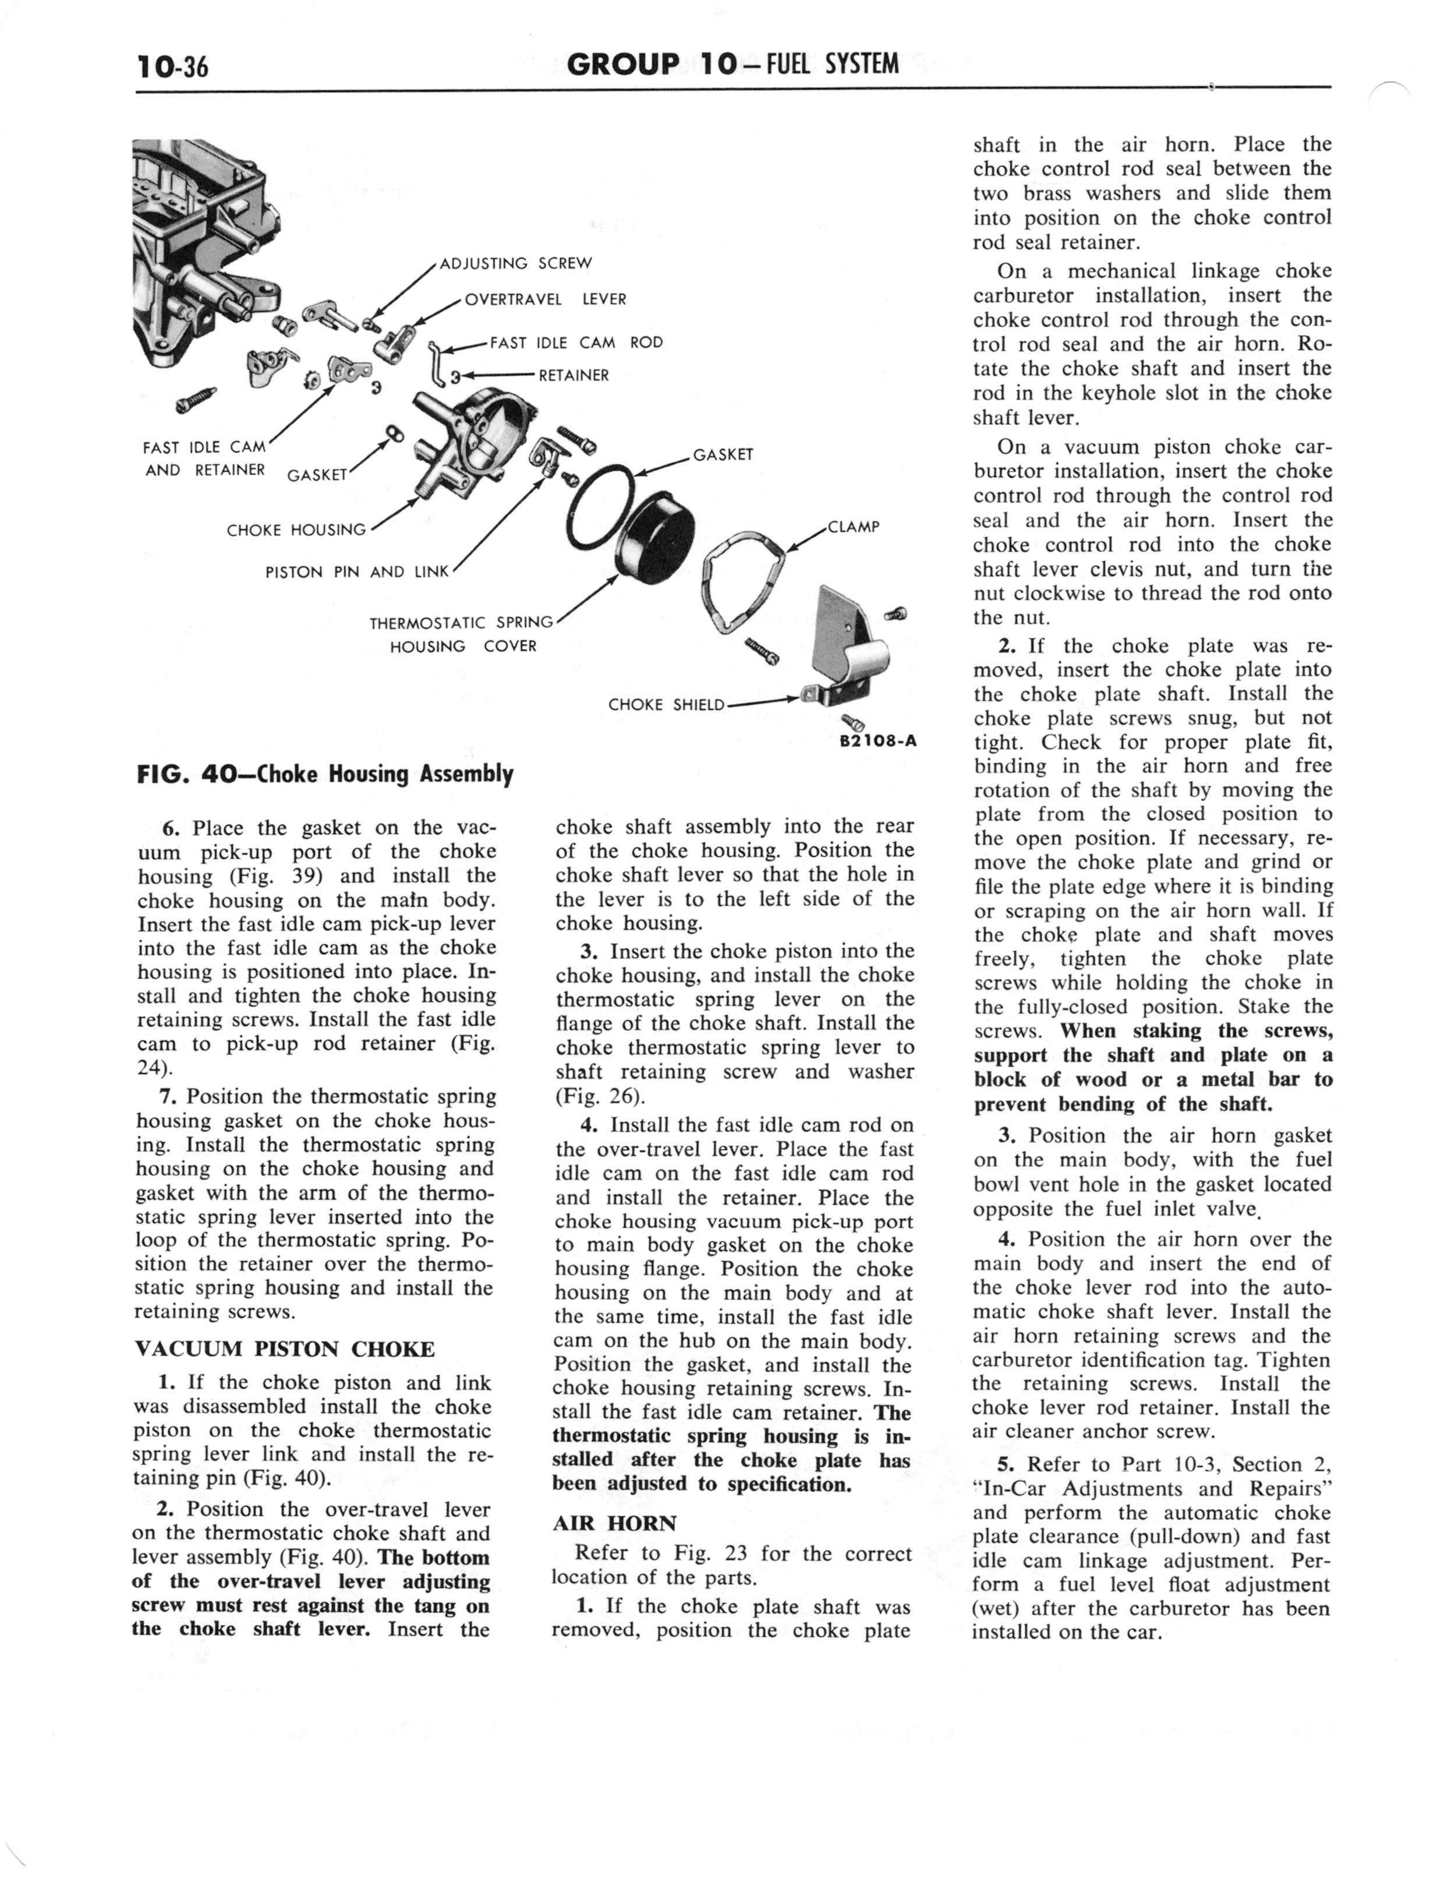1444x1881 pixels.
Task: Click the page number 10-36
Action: coord(172,65)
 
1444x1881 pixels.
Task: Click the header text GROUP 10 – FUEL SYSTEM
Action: coord(732,63)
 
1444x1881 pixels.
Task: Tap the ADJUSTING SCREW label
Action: coord(516,263)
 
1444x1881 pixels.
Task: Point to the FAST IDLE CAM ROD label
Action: coord(576,342)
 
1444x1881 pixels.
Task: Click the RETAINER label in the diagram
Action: coord(574,376)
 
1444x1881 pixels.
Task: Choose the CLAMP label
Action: coord(854,527)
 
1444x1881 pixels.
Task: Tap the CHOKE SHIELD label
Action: coord(666,705)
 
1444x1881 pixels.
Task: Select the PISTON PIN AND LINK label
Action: coord(357,571)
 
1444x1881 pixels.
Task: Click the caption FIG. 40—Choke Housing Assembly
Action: coord(325,775)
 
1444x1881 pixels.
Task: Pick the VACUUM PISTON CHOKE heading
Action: coord(285,1349)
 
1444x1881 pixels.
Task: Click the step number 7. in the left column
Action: coord(168,1097)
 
